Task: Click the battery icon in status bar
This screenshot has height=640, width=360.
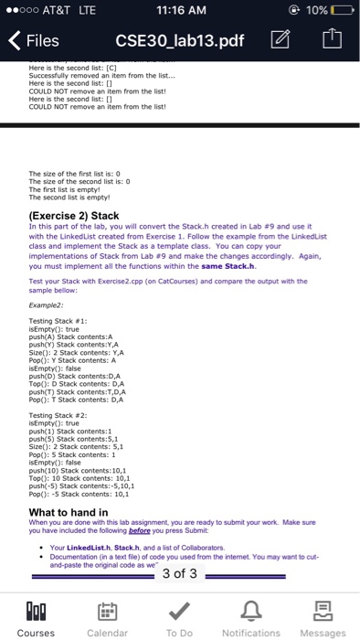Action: (x=339, y=10)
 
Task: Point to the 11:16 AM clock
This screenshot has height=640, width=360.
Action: (x=179, y=10)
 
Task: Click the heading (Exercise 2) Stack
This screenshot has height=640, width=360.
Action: (x=79, y=217)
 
